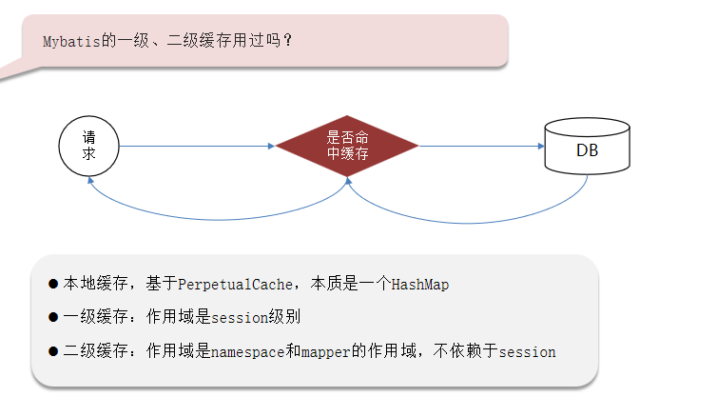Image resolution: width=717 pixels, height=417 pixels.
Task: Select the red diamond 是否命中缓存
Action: pyautogui.click(x=347, y=146)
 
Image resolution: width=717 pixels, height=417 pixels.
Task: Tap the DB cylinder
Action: pyautogui.click(x=587, y=149)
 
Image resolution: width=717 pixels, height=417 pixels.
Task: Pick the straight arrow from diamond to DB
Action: pyautogui.click(x=480, y=147)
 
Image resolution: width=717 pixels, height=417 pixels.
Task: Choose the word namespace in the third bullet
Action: pyautogui.click(x=247, y=351)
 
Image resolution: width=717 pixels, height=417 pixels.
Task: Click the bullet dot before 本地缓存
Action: pyautogui.click(x=53, y=285)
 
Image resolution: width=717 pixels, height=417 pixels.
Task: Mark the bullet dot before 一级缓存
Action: pyautogui.click(x=53, y=317)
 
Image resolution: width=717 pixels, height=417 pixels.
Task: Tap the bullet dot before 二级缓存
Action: pyautogui.click(x=53, y=351)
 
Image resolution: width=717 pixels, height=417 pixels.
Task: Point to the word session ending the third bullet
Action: pyautogui.click(x=527, y=351)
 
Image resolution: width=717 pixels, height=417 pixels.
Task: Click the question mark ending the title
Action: pyautogui.click(x=288, y=41)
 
